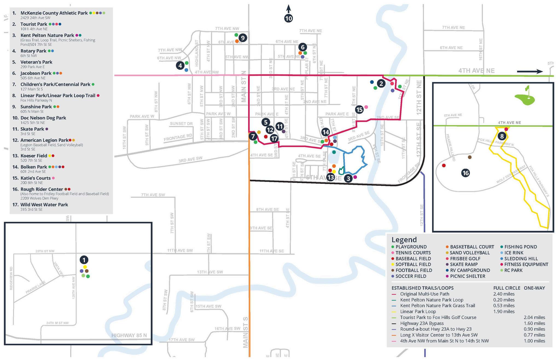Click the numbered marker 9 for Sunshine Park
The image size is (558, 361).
(x=243, y=38)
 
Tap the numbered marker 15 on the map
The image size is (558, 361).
(x=359, y=110)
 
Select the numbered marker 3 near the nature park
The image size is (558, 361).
(x=348, y=179)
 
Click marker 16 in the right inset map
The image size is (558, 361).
(x=465, y=173)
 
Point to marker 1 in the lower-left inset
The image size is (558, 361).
(x=84, y=260)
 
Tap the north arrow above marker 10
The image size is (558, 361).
(x=289, y=8)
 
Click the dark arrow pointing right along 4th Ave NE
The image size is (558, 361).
(x=530, y=71)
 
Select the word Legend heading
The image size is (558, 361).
(x=404, y=240)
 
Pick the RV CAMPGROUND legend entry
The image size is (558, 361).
(x=470, y=270)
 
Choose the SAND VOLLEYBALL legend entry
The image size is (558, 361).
(x=469, y=253)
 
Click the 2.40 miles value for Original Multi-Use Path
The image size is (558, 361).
(x=504, y=294)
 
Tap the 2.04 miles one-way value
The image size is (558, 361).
(x=534, y=317)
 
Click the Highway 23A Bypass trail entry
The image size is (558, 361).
(x=422, y=323)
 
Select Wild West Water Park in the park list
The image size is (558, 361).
(x=44, y=205)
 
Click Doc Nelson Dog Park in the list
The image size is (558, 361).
(x=43, y=118)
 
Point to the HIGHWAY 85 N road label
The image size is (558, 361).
(x=129, y=335)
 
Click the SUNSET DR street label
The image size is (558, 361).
(x=181, y=124)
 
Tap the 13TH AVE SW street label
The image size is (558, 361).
(x=210, y=272)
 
